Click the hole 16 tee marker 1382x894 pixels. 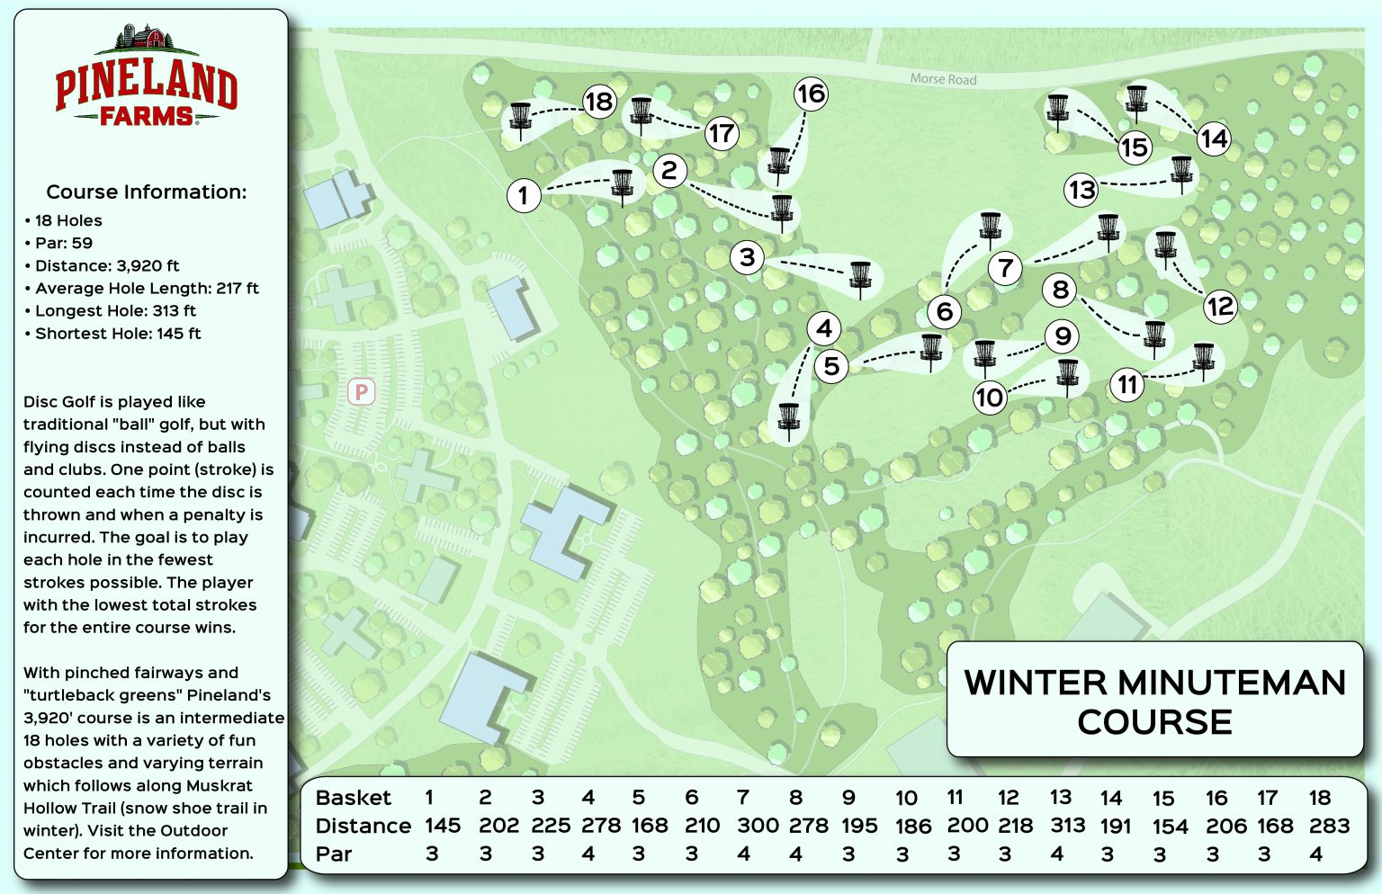click(811, 94)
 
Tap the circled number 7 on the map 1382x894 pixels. click(1005, 267)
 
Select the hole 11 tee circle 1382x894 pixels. click(1126, 385)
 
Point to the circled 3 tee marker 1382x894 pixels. click(747, 257)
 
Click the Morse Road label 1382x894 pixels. click(943, 79)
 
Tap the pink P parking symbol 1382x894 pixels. click(361, 391)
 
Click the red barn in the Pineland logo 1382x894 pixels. click(153, 38)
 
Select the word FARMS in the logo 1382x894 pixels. click(146, 116)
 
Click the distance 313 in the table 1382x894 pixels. click(1067, 826)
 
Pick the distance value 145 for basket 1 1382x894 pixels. click(443, 826)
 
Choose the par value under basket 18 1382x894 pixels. click(1316, 854)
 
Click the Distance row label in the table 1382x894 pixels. click(363, 826)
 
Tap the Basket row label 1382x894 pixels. click(353, 798)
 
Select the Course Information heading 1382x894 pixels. click(146, 192)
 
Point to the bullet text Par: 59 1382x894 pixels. click(63, 243)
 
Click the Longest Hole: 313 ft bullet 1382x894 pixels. click(114, 310)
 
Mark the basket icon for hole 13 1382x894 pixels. click(1180, 173)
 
